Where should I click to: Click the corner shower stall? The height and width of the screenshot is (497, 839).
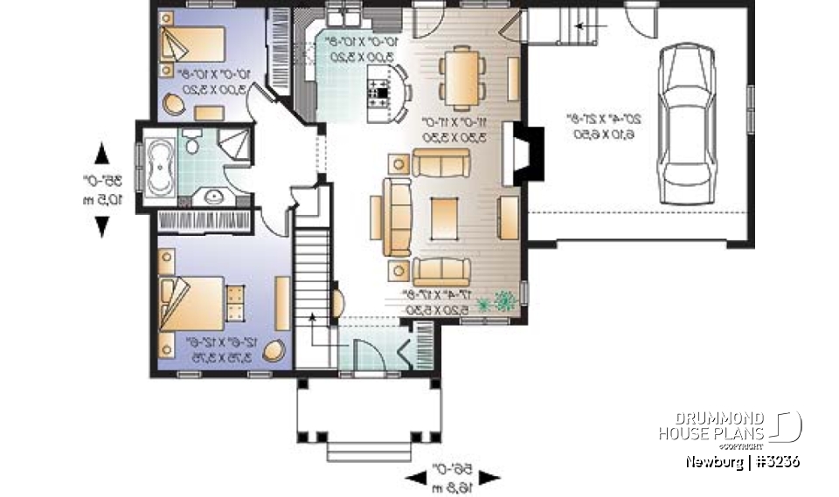coord(233,144)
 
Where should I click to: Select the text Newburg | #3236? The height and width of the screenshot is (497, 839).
coord(742,461)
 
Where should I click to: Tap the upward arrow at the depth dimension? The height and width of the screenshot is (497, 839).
coord(102,152)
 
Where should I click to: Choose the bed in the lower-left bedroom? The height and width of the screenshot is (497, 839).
coord(188,302)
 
